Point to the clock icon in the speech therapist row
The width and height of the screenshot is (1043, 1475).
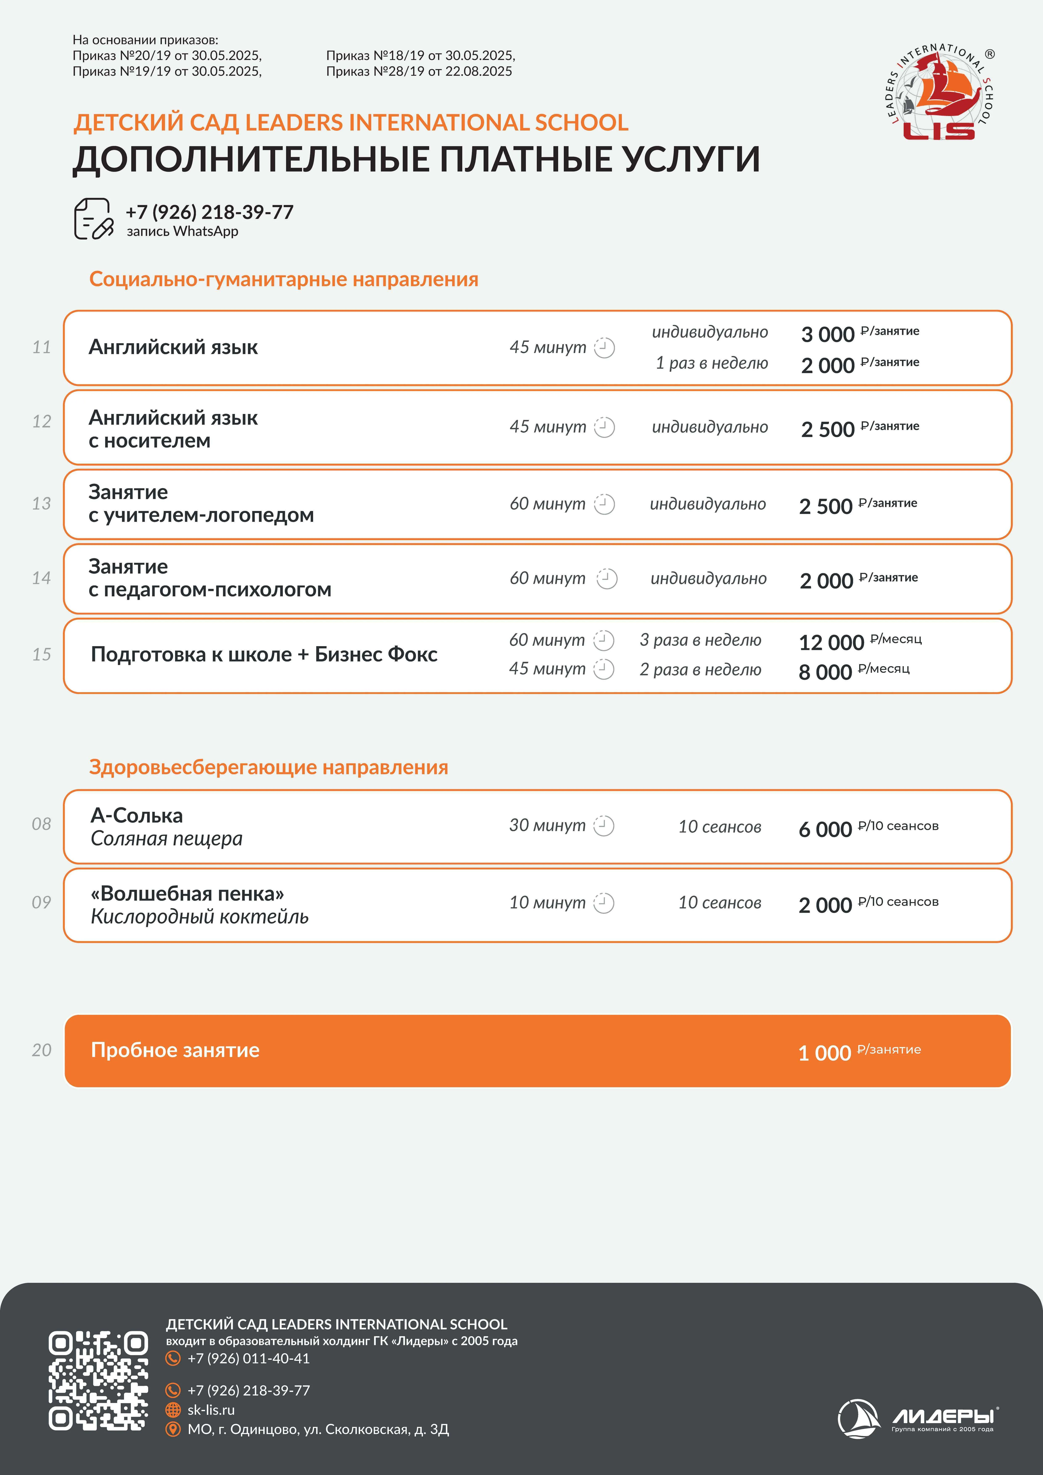click(x=604, y=504)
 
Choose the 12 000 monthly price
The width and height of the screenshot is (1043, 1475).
click(x=831, y=642)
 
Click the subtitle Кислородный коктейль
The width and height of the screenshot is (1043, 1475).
click(x=199, y=917)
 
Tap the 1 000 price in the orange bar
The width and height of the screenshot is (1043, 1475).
click(x=825, y=1053)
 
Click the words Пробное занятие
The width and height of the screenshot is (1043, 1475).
click(x=175, y=1050)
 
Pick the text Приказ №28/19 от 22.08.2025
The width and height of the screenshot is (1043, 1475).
click(x=419, y=71)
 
